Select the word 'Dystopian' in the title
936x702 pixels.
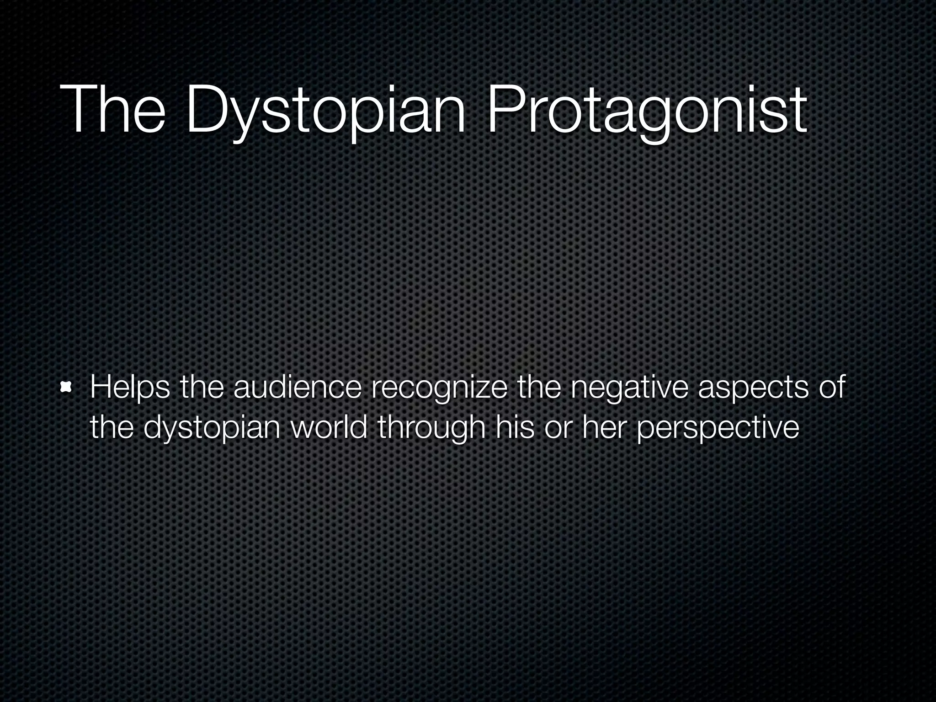[326, 112]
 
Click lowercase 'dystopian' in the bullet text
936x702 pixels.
[212, 429]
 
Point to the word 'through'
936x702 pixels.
[431, 428]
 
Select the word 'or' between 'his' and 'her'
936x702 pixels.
[558, 429]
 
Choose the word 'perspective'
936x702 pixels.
[718, 429]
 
